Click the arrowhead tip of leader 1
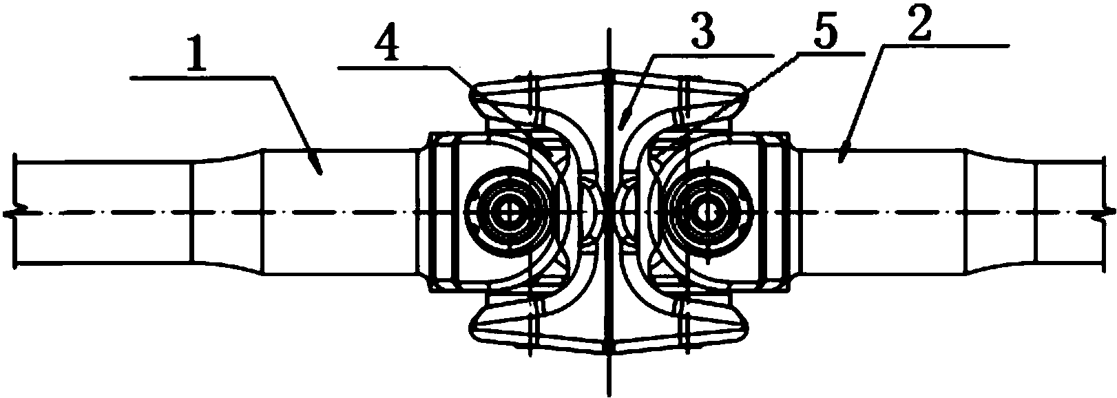pos(321,174)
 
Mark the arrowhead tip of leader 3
pos(618,129)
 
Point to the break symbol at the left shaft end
pos(15,213)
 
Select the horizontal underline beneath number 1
pos(201,77)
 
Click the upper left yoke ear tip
pos(472,92)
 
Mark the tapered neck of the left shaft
pos(227,211)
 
